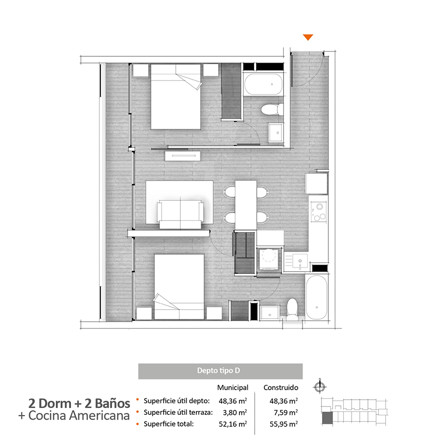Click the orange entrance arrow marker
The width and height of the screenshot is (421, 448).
coord(308,37)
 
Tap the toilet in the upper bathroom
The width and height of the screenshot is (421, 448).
coord(272,109)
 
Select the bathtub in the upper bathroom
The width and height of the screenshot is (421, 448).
coord(264,84)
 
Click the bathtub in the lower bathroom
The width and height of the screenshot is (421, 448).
coord(316,297)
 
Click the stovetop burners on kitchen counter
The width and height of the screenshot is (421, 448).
coord(319,212)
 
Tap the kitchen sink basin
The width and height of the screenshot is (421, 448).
coord(300,261)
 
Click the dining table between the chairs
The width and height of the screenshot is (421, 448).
coord(246,205)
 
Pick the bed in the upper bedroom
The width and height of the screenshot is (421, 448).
coord(176,97)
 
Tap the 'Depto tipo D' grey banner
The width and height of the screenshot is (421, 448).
coord(220,371)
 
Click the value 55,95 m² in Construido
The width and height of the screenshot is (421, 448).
coord(284,424)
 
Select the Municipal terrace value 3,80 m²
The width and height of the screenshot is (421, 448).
coord(235,412)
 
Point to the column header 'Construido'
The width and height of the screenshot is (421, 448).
coord(280,388)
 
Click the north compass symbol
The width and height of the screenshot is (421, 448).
coord(320,386)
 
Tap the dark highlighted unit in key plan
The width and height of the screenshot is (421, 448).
coord(327,418)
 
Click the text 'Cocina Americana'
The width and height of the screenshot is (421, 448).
coord(79,416)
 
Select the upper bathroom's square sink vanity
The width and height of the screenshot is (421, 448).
coord(276,133)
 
